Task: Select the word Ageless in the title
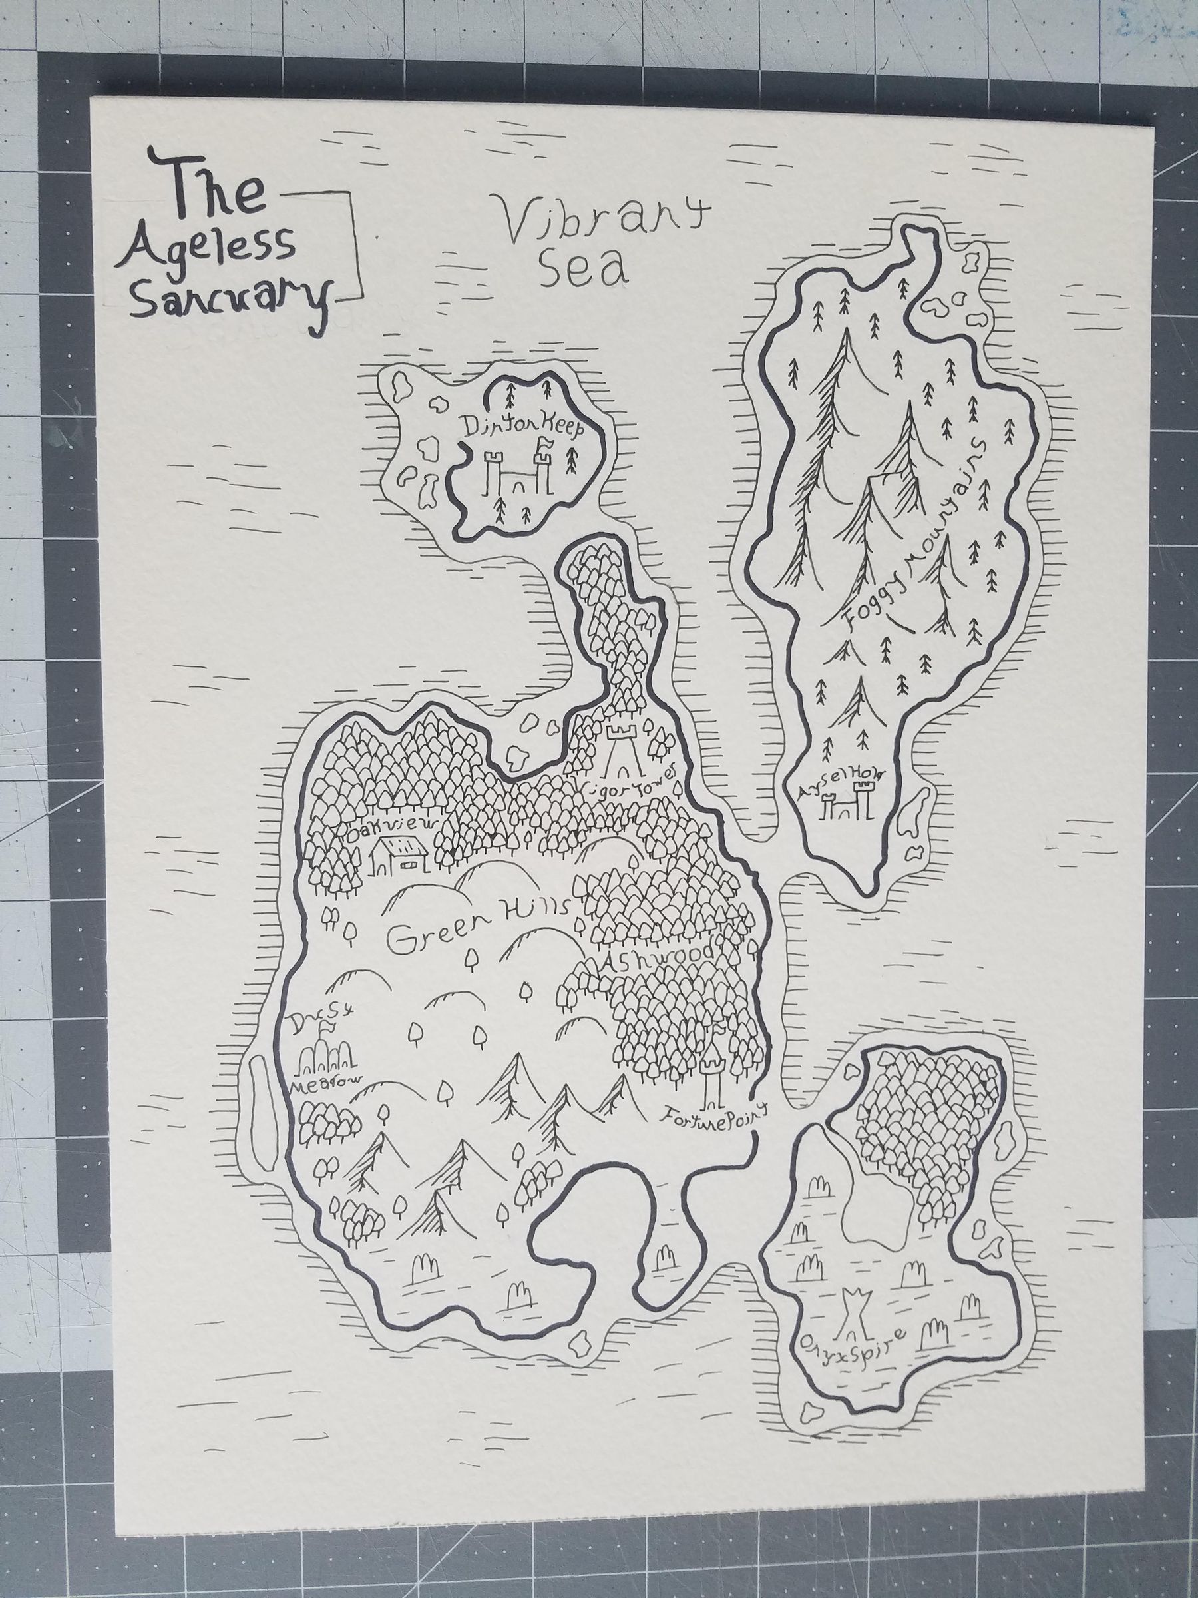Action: click(212, 249)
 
